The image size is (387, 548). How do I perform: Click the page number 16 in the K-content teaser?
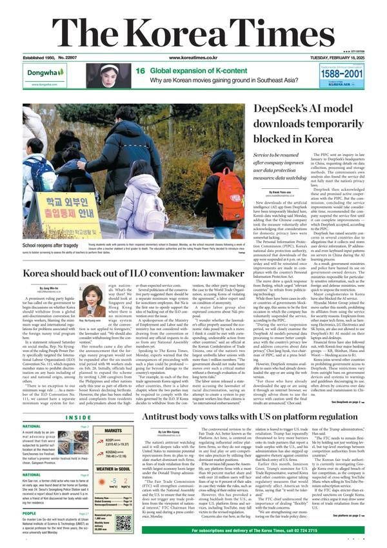pos(121,72)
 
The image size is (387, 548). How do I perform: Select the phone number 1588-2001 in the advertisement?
pos(352,74)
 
